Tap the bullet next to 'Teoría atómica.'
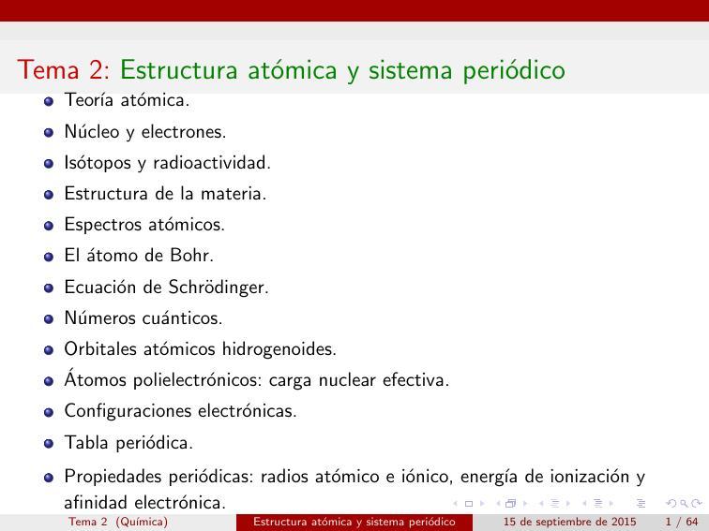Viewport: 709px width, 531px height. click(x=49, y=101)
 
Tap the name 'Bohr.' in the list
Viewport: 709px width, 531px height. click(x=190, y=256)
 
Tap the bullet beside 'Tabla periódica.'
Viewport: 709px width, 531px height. click(x=49, y=443)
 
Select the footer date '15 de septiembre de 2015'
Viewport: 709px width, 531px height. click(x=569, y=522)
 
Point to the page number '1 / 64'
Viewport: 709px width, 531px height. click(x=682, y=522)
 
